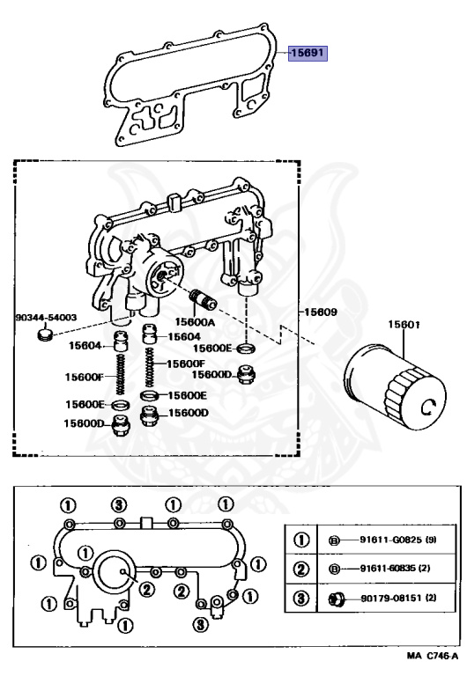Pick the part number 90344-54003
46,316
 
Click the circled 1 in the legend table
300,539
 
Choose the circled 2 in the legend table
300,569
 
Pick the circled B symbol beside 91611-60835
337,569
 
